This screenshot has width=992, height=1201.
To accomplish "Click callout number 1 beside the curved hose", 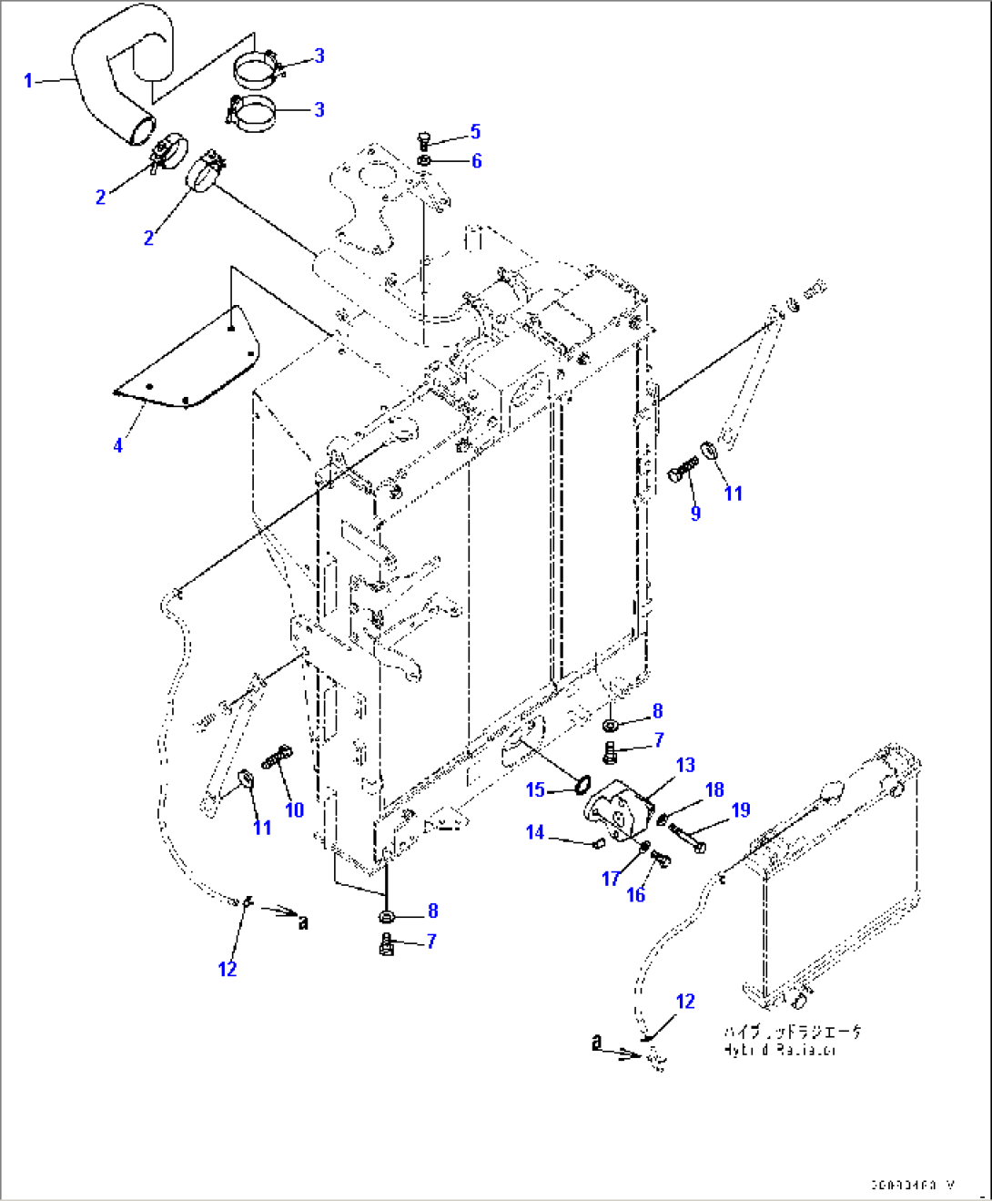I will pyautogui.click(x=27, y=81).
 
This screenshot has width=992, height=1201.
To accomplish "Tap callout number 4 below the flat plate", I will pyautogui.click(x=117, y=445).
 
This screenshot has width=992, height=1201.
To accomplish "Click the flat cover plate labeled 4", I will pyautogui.click(x=191, y=364).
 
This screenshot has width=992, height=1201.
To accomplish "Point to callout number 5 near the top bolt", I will pyautogui.click(x=475, y=132).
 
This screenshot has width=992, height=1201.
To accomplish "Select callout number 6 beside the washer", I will pyautogui.click(x=476, y=161).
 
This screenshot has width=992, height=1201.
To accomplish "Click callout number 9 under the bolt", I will pyautogui.click(x=695, y=513).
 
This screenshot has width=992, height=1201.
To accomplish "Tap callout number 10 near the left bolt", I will pyautogui.click(x=294, y=809).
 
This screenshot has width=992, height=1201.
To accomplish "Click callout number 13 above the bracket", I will pyautogui.click(x=685, y=765).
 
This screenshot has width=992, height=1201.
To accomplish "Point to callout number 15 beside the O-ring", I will pyautogui.click(x=535, y=789).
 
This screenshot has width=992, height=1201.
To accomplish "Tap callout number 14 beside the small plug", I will pyautogui.click(x=535, y=832).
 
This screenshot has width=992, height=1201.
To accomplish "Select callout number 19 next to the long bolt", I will pyautogui.click(x=741, y=809).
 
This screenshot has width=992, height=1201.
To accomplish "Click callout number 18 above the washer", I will pyautogui.click(x=714, y=789).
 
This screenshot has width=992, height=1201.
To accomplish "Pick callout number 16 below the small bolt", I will pyautogui.click(x=635, y=895).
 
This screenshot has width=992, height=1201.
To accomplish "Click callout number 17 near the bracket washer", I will pyautogui.click(x=611, y=879).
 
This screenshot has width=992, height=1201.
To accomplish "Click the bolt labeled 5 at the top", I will pyautogui.click(x=423, y=140).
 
